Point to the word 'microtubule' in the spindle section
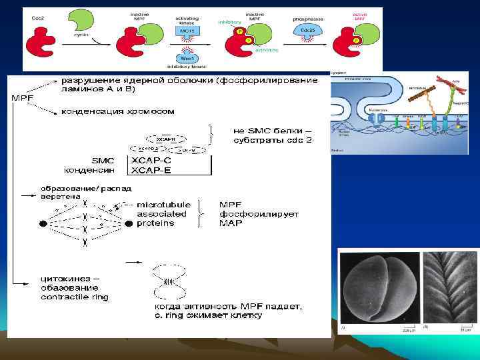[163, 205]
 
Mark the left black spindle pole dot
[44, 224]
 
